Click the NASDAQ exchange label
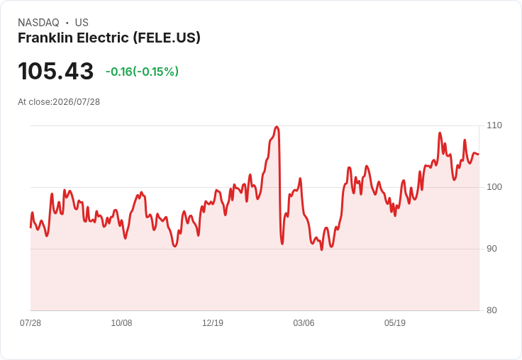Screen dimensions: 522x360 tap(38, 23)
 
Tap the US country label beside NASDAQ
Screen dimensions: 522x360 tap(82, 23)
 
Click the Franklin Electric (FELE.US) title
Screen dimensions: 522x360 tap(109, 38)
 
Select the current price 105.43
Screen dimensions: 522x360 tap(55, 71)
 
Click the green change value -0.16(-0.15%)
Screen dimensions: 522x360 tap(142, 72)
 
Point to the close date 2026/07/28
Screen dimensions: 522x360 tap(76, 102)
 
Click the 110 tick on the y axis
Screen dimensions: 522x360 tap(494, 125)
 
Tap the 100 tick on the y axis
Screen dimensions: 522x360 tap(494, 187)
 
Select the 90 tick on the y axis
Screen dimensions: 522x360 tap(492, 249)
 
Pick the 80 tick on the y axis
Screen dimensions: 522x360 tap(492, 310)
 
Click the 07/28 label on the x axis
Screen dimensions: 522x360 tap(30, 323)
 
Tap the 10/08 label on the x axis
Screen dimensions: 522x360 tap(121, 323)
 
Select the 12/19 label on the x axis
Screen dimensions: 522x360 tap(213, 323)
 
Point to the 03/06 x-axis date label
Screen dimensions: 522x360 tap(304, 323)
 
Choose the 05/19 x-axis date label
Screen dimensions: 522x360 tap(395, 323)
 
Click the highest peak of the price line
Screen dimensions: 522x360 tap(277, 127)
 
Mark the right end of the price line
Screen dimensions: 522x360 tap(479, 154)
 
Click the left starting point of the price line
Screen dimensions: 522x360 tap(30, 227)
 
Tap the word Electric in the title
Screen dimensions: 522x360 tap(103, 38)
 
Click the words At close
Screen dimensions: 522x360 tap(34, 102)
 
